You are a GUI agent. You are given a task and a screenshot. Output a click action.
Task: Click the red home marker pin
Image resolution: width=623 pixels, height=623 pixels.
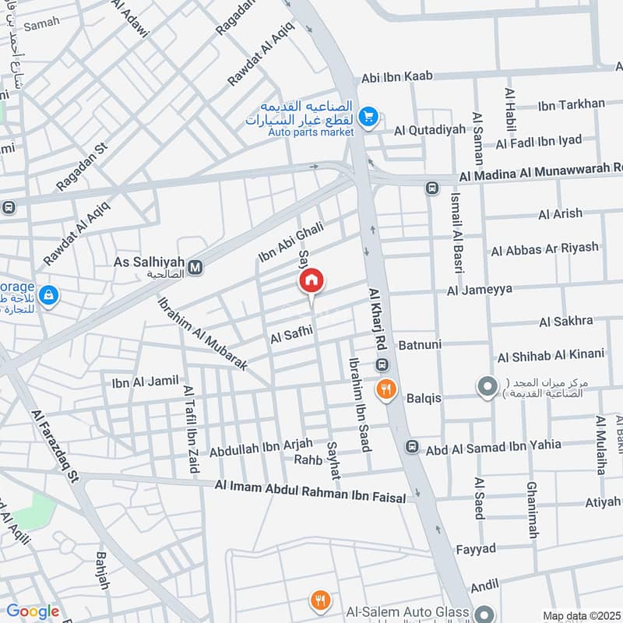(311, 282)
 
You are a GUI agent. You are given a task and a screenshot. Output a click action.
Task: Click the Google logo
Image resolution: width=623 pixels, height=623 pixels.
(33, 611)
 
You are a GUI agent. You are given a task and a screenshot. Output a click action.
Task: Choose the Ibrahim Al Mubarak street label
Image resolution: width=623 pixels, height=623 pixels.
(202, 333)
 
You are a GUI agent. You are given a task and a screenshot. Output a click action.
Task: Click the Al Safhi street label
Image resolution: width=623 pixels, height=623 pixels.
(291, 334)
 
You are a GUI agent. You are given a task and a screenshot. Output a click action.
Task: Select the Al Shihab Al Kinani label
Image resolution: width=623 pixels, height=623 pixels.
(551, 354)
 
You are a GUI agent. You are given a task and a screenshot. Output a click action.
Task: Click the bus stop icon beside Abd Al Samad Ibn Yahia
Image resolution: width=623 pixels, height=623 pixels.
(411, 447)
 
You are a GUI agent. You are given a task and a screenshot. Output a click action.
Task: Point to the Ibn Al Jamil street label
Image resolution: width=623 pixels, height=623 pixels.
(145, 382)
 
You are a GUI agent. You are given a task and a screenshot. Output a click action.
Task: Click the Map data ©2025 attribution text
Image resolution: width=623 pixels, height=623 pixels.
(580, 616)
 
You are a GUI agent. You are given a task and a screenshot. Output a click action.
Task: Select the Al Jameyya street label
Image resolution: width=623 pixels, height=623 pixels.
(480, 290)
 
